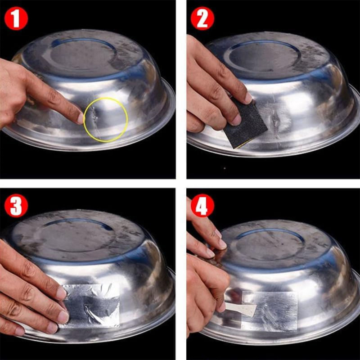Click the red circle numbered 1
coord(16,19)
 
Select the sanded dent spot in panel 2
coord(275,119)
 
